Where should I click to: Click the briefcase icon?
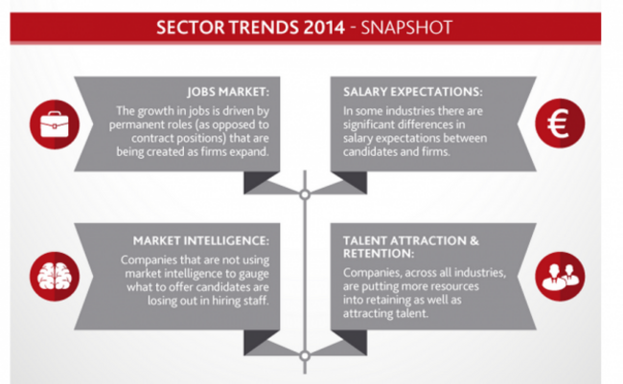pos(55,124)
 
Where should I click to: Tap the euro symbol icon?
pos(560,124)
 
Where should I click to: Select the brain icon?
pos(55,277)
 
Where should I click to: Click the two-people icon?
pos(560,277)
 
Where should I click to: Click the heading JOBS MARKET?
pos(228,92)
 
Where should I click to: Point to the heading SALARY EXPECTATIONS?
pos(413,92)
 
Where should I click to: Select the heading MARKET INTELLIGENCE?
pos(201,240)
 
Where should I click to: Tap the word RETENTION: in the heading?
pos(379,254)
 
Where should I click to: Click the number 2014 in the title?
pos(324,28)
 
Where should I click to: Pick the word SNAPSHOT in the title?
pos(406,28)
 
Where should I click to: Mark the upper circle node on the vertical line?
pos(305,194)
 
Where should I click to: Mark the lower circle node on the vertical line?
pos(305,356)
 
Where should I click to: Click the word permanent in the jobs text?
pos(134,125)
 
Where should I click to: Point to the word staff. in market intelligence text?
pos(255,301)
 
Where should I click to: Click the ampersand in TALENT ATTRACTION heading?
pos(474,240)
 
